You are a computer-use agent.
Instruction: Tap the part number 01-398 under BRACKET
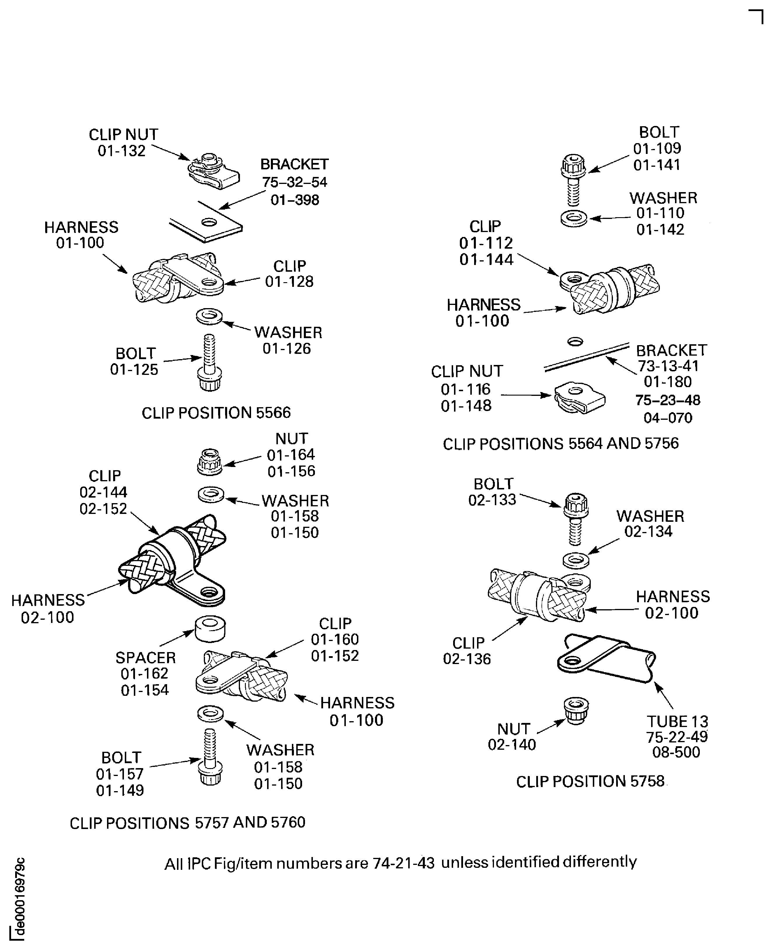[x=295, y=200]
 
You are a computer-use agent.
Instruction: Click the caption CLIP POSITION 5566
[x=216, y=413]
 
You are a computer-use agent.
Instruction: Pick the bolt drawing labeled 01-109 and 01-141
[x=574, y=179]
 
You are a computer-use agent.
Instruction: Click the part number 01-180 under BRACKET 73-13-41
[x=667, y=382]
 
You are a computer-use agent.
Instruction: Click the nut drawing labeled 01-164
[x=209, y=462]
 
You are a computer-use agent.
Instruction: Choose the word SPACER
[x=146, y=658]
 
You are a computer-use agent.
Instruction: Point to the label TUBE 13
[x=677, y=721]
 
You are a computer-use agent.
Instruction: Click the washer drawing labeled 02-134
[x=576, y=560]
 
